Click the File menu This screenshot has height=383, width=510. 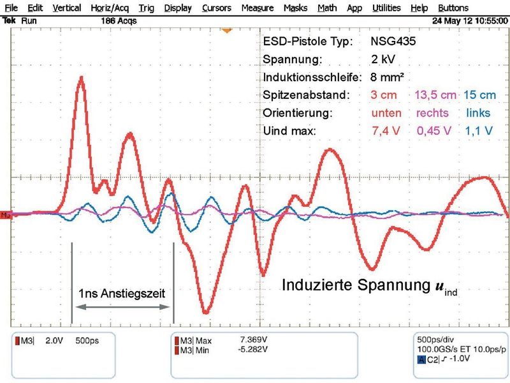click(11, 8)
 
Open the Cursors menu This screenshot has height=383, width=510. click(217, 8)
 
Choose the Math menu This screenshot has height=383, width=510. click(327, 8)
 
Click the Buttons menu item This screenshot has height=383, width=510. click(471, 8)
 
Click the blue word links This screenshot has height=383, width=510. click(478, 113)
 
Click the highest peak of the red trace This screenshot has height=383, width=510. click(81, 77)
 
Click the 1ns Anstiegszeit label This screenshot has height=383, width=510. click(122, 294)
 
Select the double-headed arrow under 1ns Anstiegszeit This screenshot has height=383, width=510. click(122, 308)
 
